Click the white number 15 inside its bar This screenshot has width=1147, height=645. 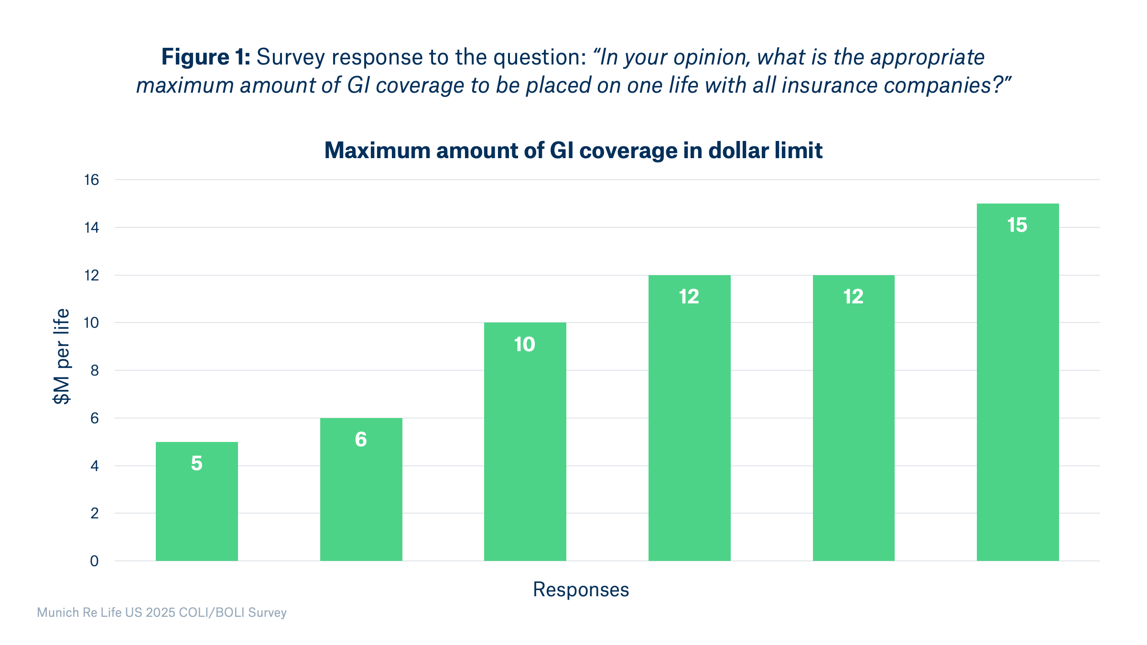coord(1017,225)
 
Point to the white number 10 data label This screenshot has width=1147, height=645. coord(524,344)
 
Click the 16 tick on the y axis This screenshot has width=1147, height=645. coord(91,180)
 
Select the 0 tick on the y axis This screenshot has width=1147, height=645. coord(94,561)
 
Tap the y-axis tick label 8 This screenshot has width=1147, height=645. coord(94,370)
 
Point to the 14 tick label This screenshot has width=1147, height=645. coord(91,227)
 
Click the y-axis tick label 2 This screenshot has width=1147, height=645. coord(94,513)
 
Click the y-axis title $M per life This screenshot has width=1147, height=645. coord(62,356)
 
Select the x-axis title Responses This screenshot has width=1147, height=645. coord(581,590)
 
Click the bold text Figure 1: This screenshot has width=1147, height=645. coord(206,57)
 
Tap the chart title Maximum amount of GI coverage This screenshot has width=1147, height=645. coord(573,150)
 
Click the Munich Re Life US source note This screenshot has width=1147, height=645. coord(162,613)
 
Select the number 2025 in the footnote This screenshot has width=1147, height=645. coord(161,613)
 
